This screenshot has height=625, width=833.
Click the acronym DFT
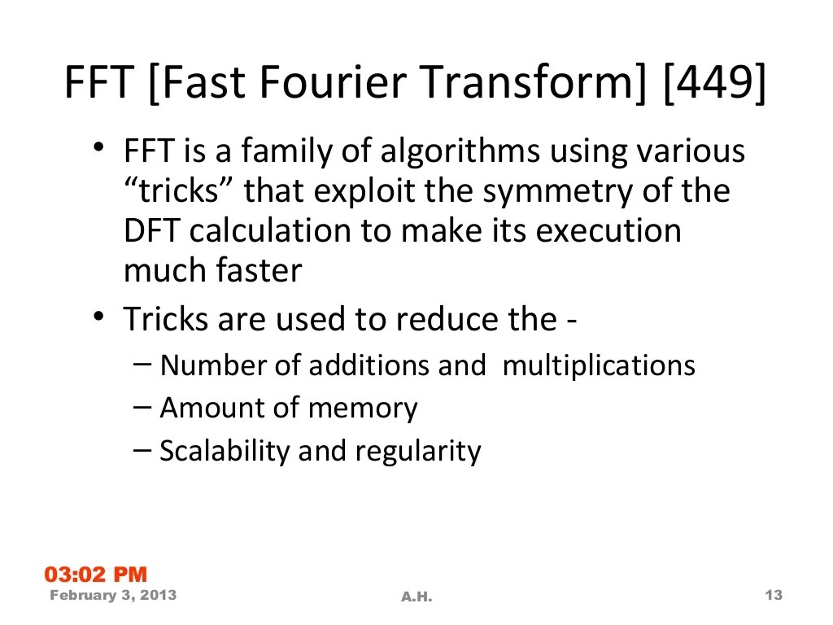(152, 230)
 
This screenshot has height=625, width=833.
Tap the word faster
(259, 270)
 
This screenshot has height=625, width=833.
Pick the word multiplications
(599, 365)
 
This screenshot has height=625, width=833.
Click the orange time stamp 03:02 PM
(96, 575)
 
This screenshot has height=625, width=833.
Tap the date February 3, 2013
(113, 596)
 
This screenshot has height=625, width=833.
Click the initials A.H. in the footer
(416, 597)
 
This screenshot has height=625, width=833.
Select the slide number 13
(774, 596)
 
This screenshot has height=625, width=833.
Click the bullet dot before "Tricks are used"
(98, 316)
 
